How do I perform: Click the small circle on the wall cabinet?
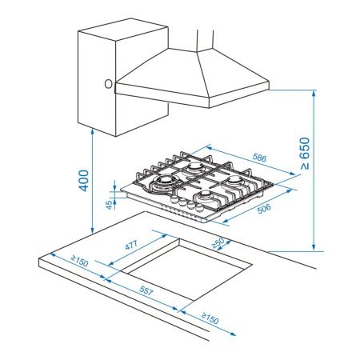(106, 82)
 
